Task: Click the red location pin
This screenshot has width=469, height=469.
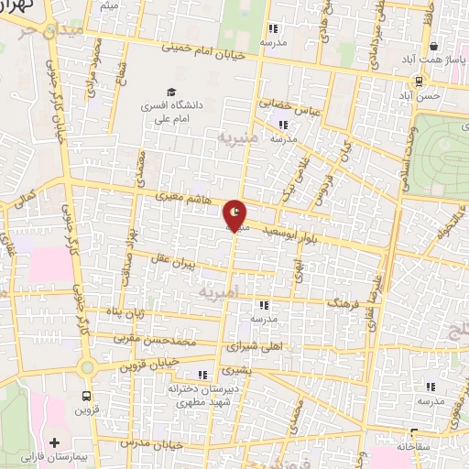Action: click(236, 215)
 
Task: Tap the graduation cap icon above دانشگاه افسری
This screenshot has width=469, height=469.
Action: click(170, 92)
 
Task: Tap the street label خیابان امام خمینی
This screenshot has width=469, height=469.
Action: click(203, 55)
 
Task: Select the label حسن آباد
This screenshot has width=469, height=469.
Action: click(427, 95)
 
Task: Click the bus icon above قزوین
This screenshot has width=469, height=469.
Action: click(87, 397)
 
